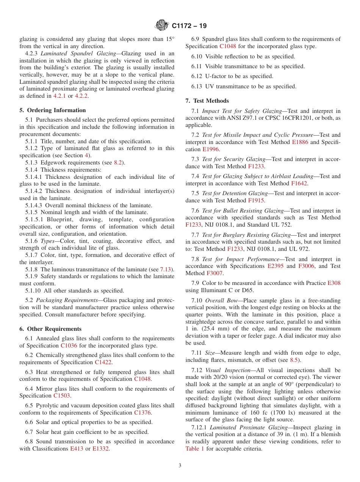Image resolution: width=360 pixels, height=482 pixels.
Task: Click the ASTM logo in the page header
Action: (x=162, y=26)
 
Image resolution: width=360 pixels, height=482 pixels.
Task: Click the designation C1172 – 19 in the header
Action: (x=189, y=26)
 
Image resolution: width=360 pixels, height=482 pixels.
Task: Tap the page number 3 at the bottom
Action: (x=180, y=466)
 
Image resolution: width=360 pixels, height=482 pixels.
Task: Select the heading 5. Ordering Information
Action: (x=53, y=110)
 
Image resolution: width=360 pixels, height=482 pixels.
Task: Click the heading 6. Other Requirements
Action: (x=50, y=329)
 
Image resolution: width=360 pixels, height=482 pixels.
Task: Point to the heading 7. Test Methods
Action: (x=207, y=101)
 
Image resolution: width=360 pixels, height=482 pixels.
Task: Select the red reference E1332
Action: (x=101, y=449)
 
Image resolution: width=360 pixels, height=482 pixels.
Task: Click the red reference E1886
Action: (x=300, y=142)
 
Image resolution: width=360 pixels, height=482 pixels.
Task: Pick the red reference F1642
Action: (x=299, y=183)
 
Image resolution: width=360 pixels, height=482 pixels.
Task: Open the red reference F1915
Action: (x=256, y=200)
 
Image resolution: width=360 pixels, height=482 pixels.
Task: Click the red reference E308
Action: (x=334, y=283)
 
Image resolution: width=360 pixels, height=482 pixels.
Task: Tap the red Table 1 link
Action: (x=194, y=449)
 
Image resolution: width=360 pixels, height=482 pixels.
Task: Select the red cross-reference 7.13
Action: (x=165, y=269)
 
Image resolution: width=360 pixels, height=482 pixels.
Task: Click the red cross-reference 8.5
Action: (x=294, y=360)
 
